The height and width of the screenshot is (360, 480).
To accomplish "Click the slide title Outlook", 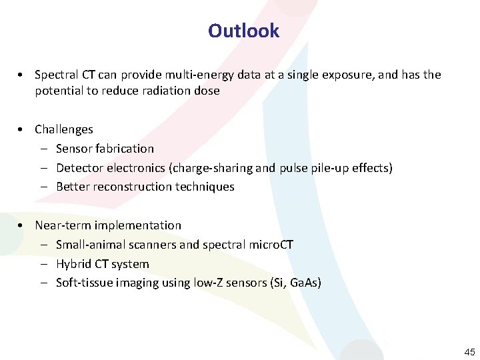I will pos(243,31).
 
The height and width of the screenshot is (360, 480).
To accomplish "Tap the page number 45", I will pos(469,351).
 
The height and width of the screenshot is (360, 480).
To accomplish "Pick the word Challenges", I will pos(64,129).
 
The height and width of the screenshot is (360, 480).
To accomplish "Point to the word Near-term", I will pos(64,225).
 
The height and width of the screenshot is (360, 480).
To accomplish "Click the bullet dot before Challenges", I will pos(22,129).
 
